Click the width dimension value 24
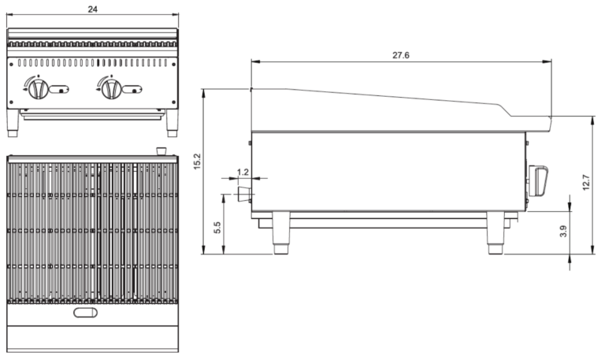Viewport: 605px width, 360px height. (x=93, y=8)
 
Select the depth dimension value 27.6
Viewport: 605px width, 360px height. (x=400, y=55)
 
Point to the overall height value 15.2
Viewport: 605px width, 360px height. (x=198, y=161)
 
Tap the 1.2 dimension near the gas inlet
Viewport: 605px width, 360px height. (x=243, y=171)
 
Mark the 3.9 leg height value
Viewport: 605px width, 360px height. (x=562, y=234)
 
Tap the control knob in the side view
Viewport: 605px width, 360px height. (x=540, y=180)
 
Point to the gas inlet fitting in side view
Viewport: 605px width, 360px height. (x=244, y=194)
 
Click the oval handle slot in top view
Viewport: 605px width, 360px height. (x=87, y=314)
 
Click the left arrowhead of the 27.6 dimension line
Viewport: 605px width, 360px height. (x=253, y=64)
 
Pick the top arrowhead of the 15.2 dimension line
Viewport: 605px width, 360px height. (x=205, y=91)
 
